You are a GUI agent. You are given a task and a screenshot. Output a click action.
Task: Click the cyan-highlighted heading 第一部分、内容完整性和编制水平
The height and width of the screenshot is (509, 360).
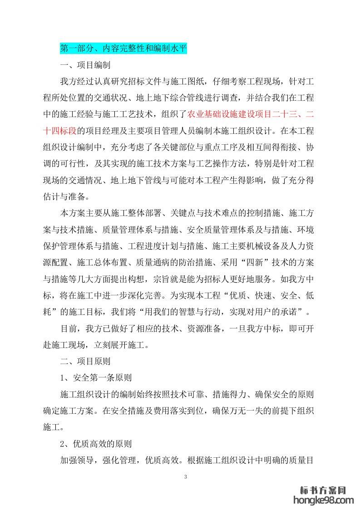click(x=123, y=48)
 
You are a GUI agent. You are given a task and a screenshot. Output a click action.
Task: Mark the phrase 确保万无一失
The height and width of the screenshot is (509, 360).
click(x=241, y=411)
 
